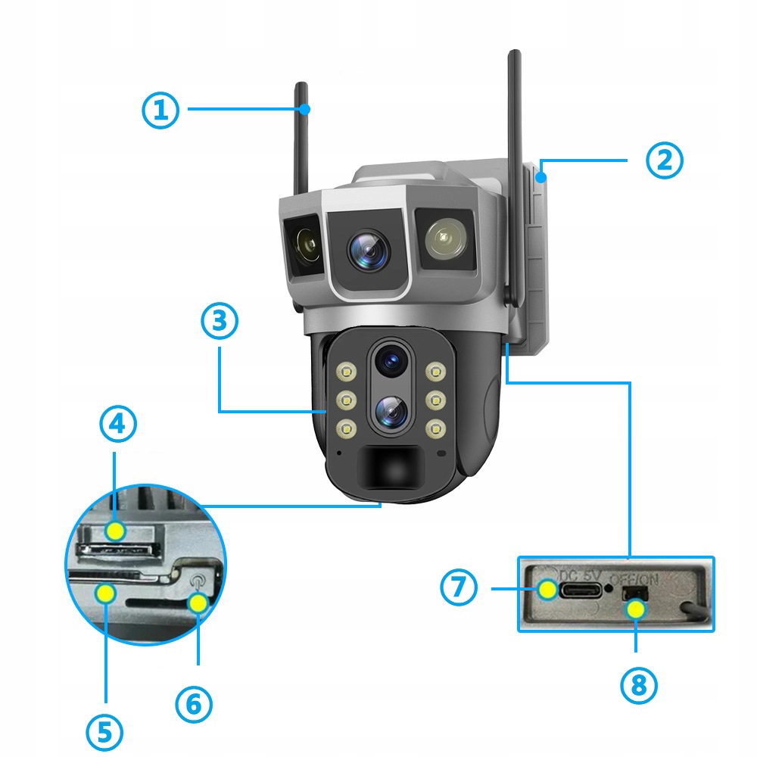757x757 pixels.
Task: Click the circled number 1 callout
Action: pyautogui.click(x=160, y=111)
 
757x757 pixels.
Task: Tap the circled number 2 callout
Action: pyautogui.click(x=664, y=160)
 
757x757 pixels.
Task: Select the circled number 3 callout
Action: pyautogui.click(x=220, y=321)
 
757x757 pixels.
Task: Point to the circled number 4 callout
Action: pyautogui.click(x=118, y=425)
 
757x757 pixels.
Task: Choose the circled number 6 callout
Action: pyautogui.click(x=194, y=705)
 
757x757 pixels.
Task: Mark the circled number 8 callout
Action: pyautogui.click(x=638, y=685)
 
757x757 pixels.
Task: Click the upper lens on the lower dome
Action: pyautogui.click(x=391, y=360)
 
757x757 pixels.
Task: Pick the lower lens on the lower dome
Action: pyautogui.click(x=391, y=411)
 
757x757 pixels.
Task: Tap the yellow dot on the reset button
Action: pyautogui.click(x=198, y=603)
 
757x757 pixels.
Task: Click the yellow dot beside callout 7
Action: pyautogui.click(x=547, y=589)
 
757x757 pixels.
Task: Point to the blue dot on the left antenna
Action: pyautogui.click(x=304, y=109)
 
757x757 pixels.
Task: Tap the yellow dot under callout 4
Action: pyautogui.click(x=115, y=530)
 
